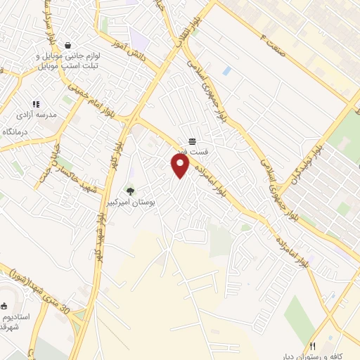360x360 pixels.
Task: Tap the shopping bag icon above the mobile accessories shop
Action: (67, 44)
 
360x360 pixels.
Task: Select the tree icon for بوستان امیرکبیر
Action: (129, 191)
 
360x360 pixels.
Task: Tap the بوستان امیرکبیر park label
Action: (153, 202)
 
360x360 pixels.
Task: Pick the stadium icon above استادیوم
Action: (4, 305)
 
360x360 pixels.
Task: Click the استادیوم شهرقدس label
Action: (15, 322)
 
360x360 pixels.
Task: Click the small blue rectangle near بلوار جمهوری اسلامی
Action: (226, 71)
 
